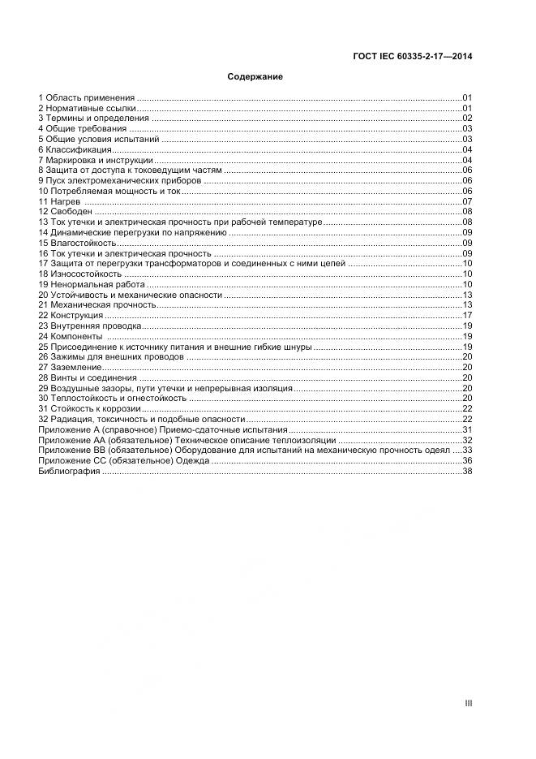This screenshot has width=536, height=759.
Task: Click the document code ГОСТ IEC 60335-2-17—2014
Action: [413, 57]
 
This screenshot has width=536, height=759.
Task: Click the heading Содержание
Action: [255, 77]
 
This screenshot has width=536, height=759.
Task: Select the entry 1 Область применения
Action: [87, 97]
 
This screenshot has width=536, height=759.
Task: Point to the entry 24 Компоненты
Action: [71, 336]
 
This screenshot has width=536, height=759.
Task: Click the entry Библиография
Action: [68, 471]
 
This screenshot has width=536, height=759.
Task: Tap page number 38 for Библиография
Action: [467, 471]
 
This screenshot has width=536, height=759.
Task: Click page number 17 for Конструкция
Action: [467, 315]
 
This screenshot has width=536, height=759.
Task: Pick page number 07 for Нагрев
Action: [467, 201]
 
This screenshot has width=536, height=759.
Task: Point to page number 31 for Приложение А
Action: [467, 429]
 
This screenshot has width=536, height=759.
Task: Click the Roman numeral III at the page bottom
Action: [468, 704]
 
